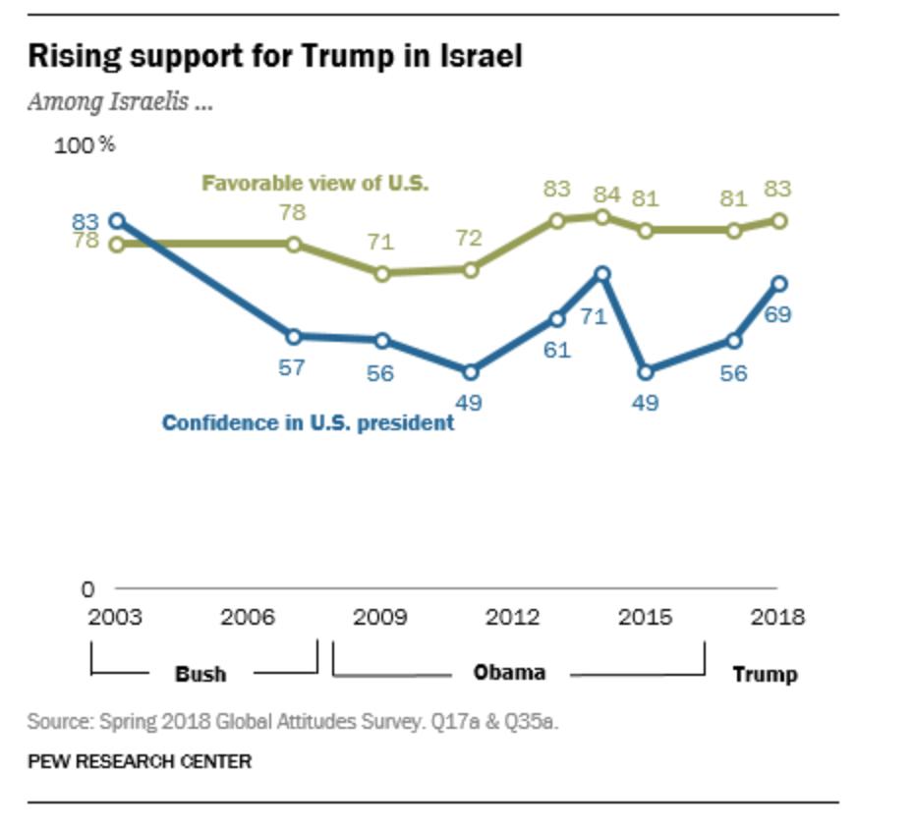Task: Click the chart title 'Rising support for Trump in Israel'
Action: coord(274,57)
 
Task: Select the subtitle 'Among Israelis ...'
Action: coord(120,101)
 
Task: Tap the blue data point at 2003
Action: coord(118,221)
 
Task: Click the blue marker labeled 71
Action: coord(602,275)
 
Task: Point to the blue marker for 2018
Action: coord(779,284)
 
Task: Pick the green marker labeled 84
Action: coord(602,217)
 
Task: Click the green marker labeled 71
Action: coord(381,273)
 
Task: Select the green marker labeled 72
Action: coord(470,269)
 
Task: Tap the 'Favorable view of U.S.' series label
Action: coord(314,184)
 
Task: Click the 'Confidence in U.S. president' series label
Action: coord(308,423)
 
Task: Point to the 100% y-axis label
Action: coord(85,145)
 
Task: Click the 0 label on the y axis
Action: coord(87,589)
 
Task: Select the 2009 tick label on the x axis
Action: coord(380,618)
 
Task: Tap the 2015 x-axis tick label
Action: coord(645,618)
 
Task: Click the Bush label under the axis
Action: coord(200,674)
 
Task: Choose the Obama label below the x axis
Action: coord(509,673)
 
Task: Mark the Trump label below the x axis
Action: coord(765,675)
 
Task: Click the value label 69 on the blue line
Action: coord(777,315)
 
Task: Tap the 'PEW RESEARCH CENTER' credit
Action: coord(139,761)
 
